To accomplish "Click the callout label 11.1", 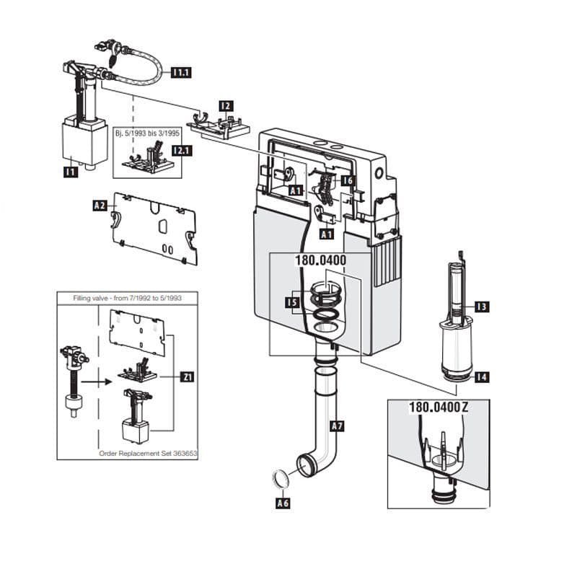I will coord(180,72).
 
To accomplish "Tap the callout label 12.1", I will coord(180,151).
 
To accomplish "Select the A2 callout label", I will coord(100,206).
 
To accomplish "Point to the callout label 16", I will coord(348,180).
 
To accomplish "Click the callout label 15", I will coord(291,303).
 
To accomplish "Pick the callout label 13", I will coord(481,307).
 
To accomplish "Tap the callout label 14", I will coord(481,376).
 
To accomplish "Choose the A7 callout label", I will coord(337,426).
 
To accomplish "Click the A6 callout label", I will coord(283,503).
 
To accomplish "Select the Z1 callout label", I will coord(187,376).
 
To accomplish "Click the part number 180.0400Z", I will coord(439,407).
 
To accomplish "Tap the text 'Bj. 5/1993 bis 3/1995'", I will coord(148,135).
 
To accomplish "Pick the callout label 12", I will coord(226,106).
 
